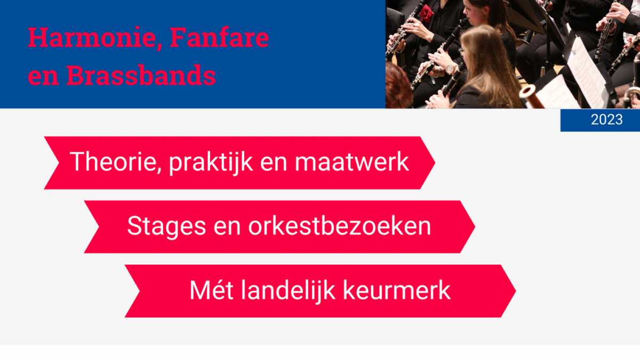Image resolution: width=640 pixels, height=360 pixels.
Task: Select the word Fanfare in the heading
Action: click(x=219, y=37)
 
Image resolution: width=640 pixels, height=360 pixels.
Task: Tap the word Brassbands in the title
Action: click(x=141, y=75)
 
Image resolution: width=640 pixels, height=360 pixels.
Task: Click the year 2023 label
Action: click(x=606, y=119)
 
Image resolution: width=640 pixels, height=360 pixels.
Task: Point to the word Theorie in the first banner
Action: click(x=113, y=162)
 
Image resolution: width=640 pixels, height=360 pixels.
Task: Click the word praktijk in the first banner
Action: click(x=211, y=162)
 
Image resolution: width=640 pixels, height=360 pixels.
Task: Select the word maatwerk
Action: click(x=351, y=162)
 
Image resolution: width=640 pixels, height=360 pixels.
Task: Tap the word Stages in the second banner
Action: click(x=166, y=226)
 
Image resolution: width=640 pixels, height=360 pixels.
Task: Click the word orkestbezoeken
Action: click(x=339, y=226)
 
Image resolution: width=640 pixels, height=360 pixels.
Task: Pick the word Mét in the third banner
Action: click(x=211, y=290)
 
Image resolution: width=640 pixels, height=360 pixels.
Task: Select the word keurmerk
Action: click(x=397, y=290)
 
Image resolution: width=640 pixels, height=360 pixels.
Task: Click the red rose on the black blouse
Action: click(x=426, y=13)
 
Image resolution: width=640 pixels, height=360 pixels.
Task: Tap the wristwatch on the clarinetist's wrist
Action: click(x=451, y=69)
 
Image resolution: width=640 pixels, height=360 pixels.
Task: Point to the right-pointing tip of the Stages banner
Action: click(x=475, y=227)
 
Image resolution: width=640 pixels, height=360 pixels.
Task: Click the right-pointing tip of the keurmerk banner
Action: click(x=516, y=291)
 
